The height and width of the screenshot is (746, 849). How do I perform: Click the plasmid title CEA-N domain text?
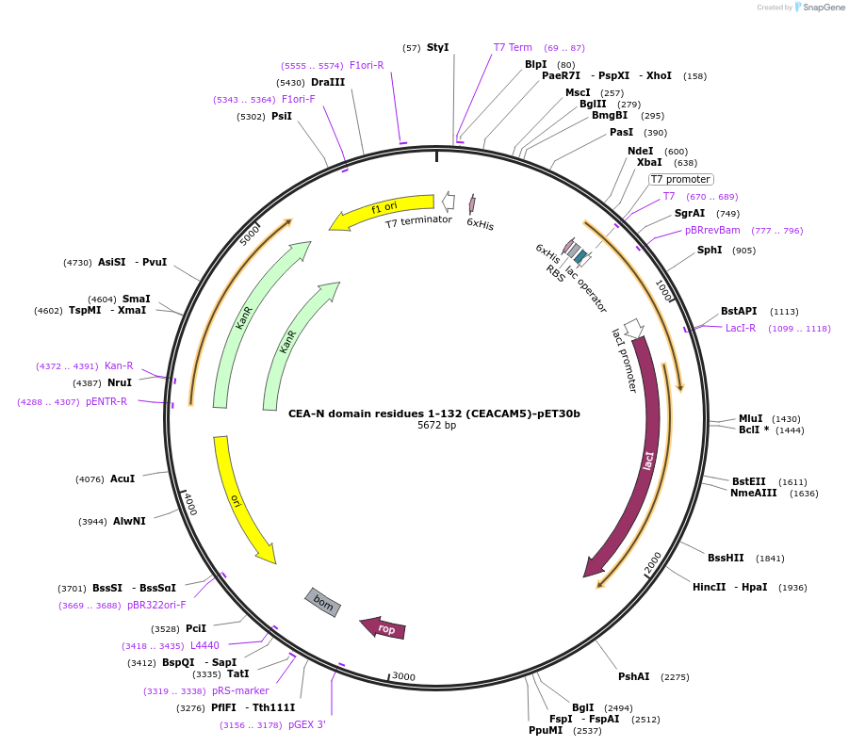tap(434, 413)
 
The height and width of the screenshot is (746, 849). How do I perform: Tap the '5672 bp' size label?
tap(436, 426)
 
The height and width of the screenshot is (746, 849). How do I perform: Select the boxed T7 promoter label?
tap(680, 179)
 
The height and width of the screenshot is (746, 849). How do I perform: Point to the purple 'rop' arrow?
tap(384, 628)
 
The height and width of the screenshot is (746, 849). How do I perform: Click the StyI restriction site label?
tap(437, 47)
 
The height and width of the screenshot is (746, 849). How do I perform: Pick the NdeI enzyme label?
tap(640, 151)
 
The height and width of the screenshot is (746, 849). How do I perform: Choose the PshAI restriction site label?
tap(633, 676)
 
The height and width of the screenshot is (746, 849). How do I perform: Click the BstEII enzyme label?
tap(749, 481)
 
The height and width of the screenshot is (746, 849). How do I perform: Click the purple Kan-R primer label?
tap(119, 365)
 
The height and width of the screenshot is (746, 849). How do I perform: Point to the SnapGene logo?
tap(817, 8)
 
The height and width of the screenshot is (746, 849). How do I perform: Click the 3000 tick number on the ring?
tap(403, 676)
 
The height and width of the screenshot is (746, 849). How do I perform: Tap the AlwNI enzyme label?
tap(129, 521)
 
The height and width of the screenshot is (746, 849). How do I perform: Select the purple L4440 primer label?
tap(204, 645)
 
